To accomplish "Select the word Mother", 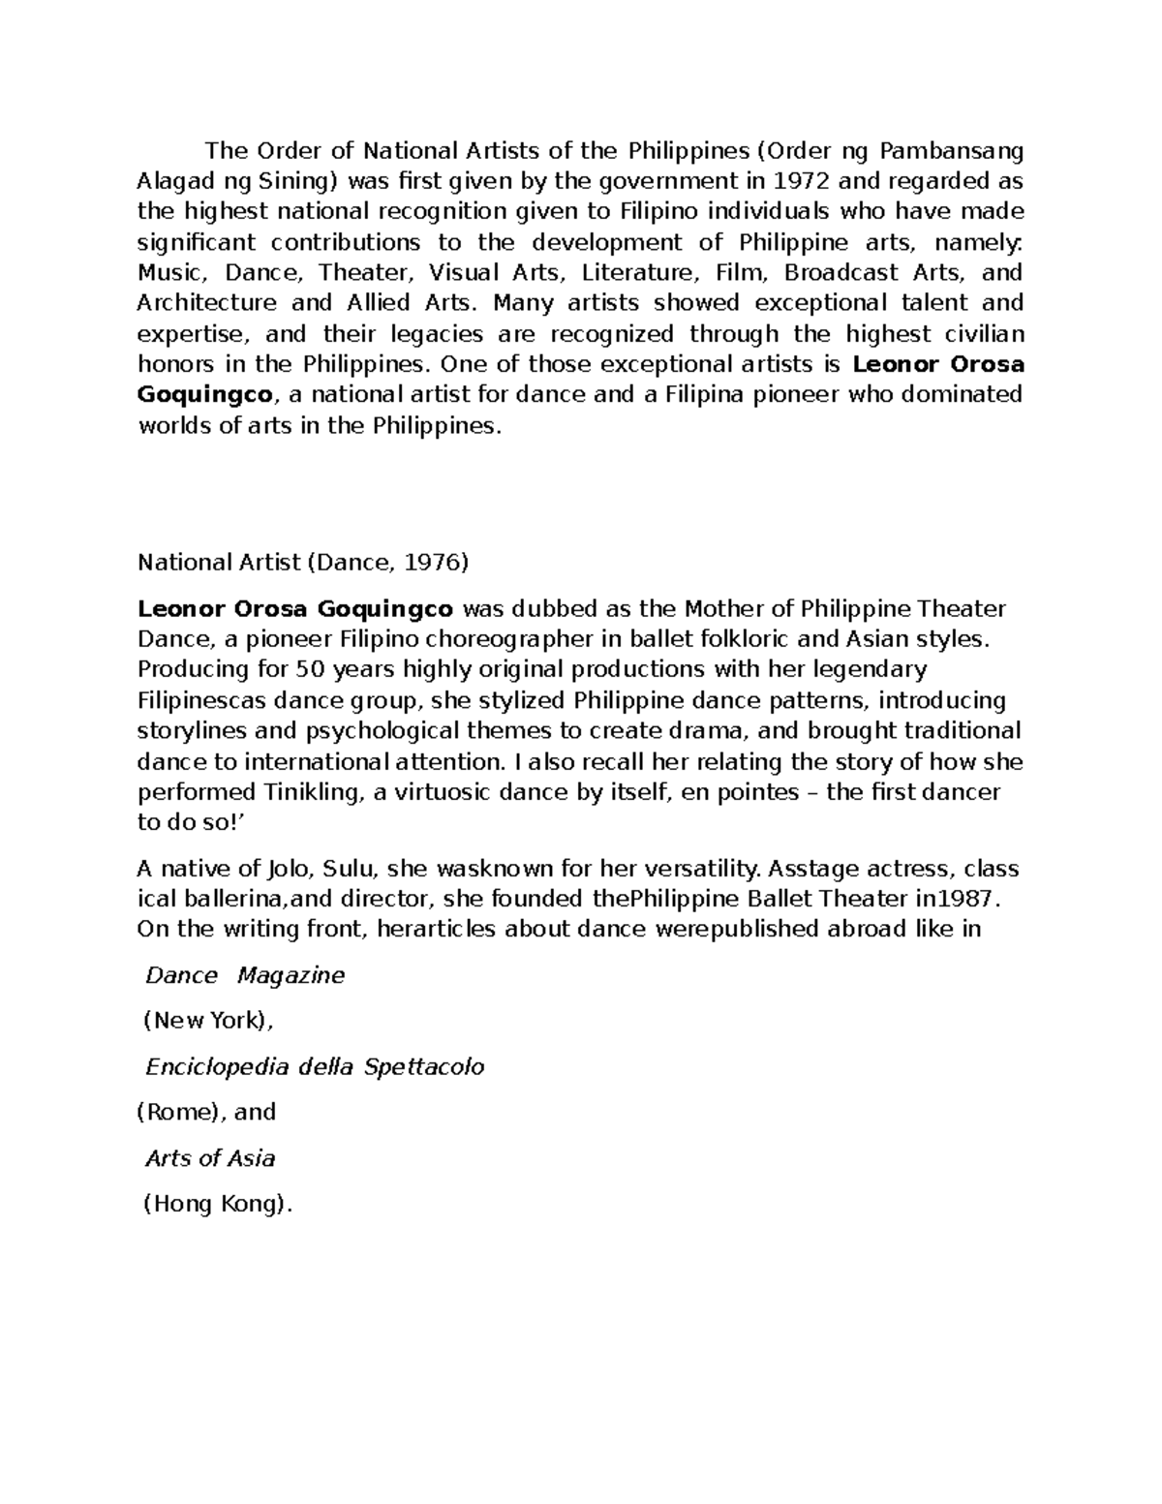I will (720, 609).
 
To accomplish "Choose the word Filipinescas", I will (203, 700).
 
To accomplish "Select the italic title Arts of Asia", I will (210, 1158).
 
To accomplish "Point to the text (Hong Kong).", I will (216, 1204).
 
